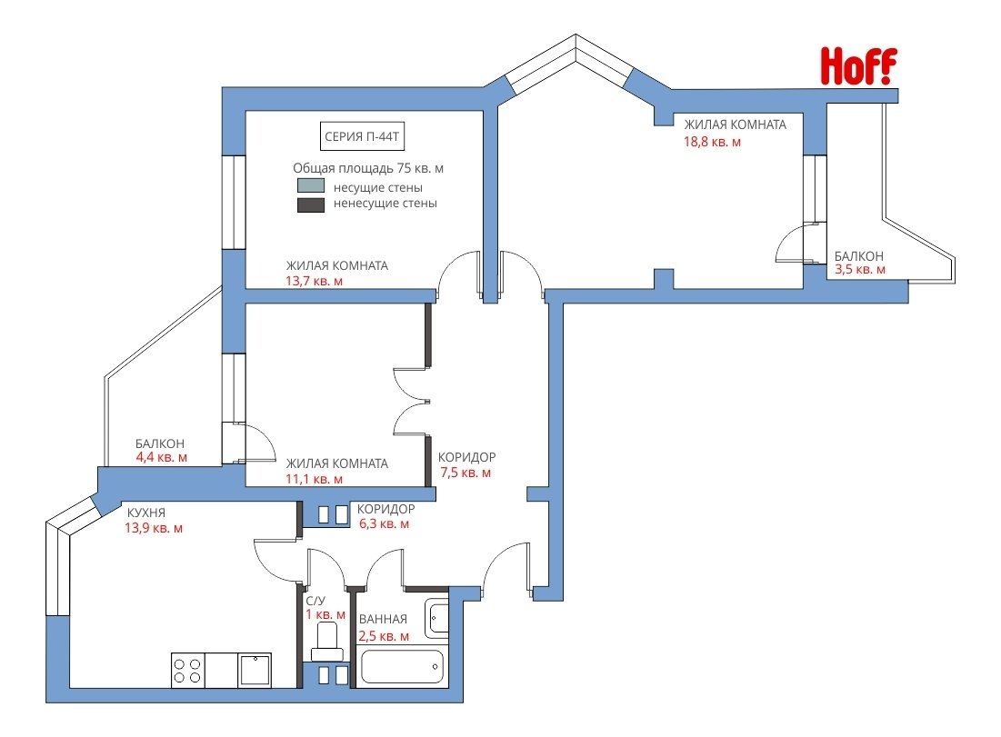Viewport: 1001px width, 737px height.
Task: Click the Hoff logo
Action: pyautogui.click(x=858, y=66)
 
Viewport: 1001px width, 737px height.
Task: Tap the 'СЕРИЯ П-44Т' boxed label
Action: pyautogui.click(x=362, y=136)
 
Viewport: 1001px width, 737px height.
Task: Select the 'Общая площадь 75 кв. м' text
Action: pyautogui.click(x=368, y=168)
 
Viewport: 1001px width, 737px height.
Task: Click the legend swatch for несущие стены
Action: pyautogui.click(x=311, y=185)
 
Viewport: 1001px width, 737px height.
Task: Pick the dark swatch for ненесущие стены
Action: pyautogui.click(x=311, y=204)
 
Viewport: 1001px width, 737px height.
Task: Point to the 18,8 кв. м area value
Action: pyautogui.click(x=713, y=142)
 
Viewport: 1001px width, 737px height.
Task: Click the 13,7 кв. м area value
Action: pyautogui.click(x=314, y=281)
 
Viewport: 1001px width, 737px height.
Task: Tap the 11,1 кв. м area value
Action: pyautogui.click(x=314, y=479)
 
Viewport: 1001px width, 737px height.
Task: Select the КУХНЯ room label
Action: pyautogui.click(x=146, y=513)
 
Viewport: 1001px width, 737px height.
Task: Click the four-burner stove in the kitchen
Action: pyautogui.click(x=187, y=670)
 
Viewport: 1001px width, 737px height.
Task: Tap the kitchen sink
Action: pyautogui.click(x=255, y=670)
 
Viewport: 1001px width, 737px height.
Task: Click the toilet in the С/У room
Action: pyautogui.click(x=327, y=642)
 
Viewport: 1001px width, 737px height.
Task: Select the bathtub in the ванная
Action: pyautogui.click(x=402, y=667)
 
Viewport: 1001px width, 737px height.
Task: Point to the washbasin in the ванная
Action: pyautogui.click(x=437, y=617)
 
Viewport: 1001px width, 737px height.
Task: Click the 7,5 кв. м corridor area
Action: pyautogui.click(x=465, y=473)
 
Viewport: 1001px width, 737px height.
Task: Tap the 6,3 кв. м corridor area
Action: pyautogui.click(x=385, y=523)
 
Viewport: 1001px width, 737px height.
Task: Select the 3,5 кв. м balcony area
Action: pyautogui.click(x=860, y=269)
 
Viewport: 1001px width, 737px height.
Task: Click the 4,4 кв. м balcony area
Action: pyautogui.click(x=162, y=457)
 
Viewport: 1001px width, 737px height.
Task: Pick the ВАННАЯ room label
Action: pyautogui.click(x=383, y=619)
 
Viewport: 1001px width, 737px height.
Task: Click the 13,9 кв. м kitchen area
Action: pyautogui.click(x=154, y=528)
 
